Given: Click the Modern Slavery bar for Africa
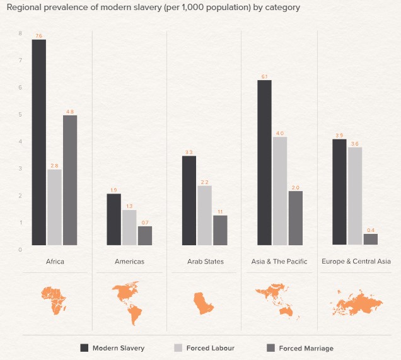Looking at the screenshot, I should point(39,142).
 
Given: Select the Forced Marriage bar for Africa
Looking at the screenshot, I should point(70,180).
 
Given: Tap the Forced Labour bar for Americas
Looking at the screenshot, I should point(129,227).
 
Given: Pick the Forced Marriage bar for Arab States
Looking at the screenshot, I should point(220,230).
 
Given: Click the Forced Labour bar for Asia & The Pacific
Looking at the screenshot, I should point(280,190).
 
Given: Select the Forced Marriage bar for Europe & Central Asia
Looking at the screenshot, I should point(371,239).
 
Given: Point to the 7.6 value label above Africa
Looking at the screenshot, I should point(39,36).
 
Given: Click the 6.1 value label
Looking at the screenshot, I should point(265,76).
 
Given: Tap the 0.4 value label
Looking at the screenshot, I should point(371,230).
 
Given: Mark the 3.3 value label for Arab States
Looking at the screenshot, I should point(189,152).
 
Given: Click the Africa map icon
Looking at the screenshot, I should point(54,299).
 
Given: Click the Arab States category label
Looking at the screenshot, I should point(206,262).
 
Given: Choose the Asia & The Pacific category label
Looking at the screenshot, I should point(279,262).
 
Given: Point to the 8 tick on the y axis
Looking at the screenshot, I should point(20,33).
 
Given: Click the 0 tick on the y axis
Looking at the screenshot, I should point(20,250).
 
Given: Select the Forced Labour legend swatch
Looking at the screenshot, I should point(178,348).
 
